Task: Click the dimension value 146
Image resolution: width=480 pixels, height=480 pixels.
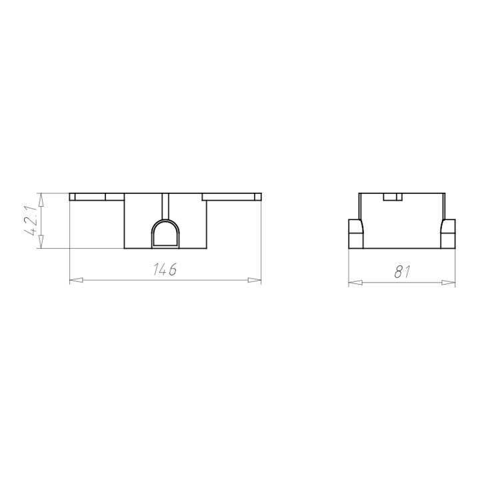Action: (165, 270)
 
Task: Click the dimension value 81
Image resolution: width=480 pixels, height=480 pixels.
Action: (402, 272)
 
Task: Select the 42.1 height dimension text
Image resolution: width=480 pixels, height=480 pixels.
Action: (32, 221)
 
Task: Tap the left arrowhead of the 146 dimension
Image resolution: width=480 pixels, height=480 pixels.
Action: (76, 280)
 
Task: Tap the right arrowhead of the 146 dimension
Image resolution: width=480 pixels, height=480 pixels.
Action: (255, 280)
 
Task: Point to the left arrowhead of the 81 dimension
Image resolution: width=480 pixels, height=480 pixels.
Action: (355, 283)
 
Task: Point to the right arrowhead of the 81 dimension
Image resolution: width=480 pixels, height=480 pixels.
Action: (449, 283)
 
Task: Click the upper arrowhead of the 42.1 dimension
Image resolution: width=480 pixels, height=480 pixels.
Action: (41, 199)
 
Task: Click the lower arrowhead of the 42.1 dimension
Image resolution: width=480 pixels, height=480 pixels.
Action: (41, 241)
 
